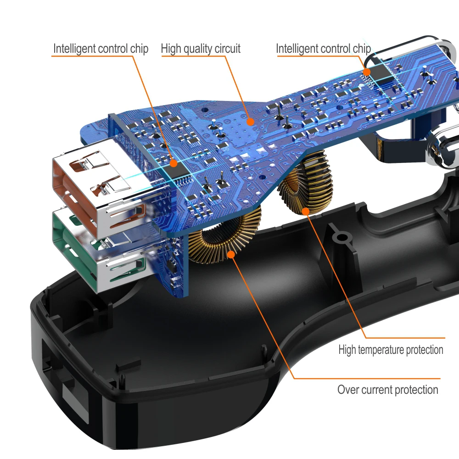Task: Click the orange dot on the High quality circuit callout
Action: pos(250,122)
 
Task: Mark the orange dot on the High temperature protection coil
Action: pos(306,211)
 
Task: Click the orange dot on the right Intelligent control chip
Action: pos(367,72)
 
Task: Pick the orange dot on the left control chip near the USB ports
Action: pos(174,162)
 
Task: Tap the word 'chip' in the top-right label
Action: pos(361,49)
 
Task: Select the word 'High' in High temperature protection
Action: pos(347,350)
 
